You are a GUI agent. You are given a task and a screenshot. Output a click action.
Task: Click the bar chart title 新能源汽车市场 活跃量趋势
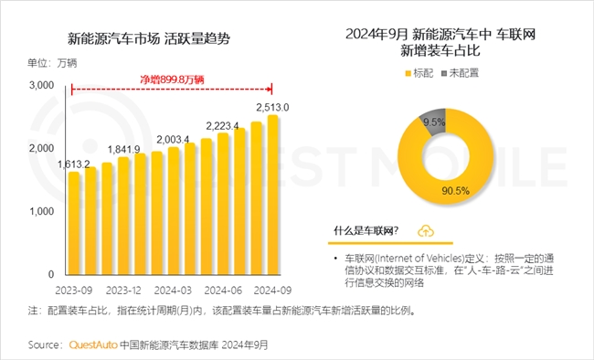click(149, 38)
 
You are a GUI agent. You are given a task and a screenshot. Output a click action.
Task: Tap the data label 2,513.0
click(271, 107)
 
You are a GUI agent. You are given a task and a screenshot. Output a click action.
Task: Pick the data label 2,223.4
click(222, 125)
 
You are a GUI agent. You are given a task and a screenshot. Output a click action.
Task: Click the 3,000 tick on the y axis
click(39, 85)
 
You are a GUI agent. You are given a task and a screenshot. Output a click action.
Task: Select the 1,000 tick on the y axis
click(39, 211)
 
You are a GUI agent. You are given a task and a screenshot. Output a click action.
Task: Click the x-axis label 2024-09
click(270, 289)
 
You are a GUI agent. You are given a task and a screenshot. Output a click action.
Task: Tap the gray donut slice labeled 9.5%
click(434, 121)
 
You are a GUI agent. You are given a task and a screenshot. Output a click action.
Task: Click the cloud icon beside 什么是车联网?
click(426, 230)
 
